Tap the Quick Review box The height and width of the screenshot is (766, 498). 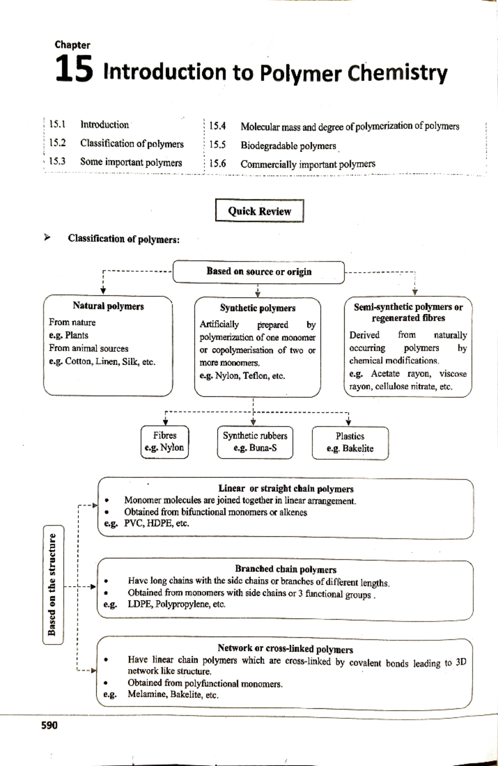(x=259, y=211)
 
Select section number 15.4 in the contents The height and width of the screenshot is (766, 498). (x=217, y=126)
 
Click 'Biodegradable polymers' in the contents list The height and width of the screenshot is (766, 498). (x=288, y=146)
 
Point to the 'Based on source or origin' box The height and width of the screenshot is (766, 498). (x=259, y=272)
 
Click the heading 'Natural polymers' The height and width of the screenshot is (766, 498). (x=108, y=306)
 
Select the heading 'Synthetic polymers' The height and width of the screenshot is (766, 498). (x=257, y=308)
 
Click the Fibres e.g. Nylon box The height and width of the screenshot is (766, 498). (x=164, y=442)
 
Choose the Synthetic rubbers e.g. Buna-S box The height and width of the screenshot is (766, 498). (x=255, y=442)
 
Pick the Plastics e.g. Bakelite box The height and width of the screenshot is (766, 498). (x=350, y=442)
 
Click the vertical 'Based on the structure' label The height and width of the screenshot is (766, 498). (x=52, y=584)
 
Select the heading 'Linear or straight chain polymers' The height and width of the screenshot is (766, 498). (x=286, y=489)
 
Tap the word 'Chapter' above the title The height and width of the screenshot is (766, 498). (x=72, y=45)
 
